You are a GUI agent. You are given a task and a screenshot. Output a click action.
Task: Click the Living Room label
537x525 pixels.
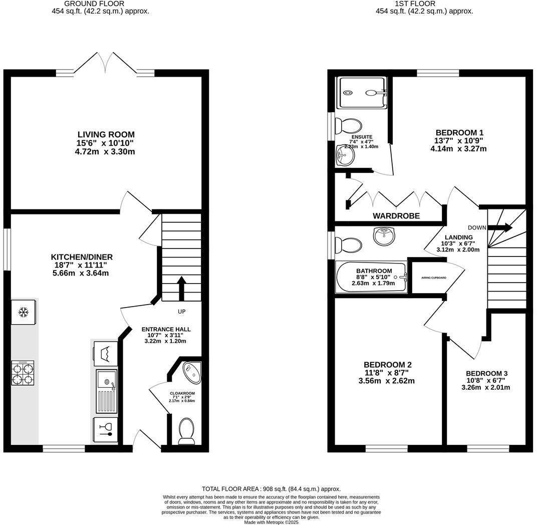(x=106, y=134)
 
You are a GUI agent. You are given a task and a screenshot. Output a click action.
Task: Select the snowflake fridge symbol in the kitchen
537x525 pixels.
(x=23, y=313)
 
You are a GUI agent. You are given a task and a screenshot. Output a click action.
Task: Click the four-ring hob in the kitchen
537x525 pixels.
(x=23, y=373)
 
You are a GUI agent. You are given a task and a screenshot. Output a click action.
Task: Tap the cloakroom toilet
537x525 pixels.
(x=187, y=431)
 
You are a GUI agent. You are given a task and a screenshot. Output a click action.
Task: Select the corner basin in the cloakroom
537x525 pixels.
(x=191, y=371)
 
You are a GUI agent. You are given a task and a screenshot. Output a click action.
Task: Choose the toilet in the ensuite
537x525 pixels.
(x=348, y=126)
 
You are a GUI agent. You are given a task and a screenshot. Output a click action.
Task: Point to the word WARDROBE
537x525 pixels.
(x=396, y=216)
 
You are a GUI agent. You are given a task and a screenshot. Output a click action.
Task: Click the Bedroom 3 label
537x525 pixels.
(x=486, y=373)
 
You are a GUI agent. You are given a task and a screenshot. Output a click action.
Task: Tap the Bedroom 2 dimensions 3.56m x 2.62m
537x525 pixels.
(x=386, y=380)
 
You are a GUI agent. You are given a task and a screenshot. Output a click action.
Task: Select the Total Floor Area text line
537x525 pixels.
(x=271, y=488)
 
